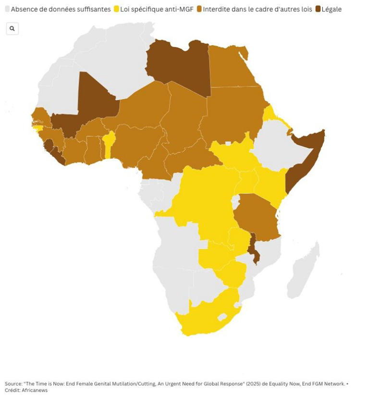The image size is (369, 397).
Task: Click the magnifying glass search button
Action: pos(12,29)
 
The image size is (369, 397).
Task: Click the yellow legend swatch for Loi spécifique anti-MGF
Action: pos(116,9)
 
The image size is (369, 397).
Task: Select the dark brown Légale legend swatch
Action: pos(318,9)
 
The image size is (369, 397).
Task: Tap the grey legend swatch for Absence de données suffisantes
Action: pos(7,9)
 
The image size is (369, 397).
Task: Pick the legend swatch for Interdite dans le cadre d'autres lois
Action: pos(199,9)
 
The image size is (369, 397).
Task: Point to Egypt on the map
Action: pos(231,67)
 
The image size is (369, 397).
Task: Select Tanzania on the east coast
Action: pos(255,216)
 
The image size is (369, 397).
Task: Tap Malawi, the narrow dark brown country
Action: pos(253,248)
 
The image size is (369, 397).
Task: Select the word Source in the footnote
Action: pos(13,384)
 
